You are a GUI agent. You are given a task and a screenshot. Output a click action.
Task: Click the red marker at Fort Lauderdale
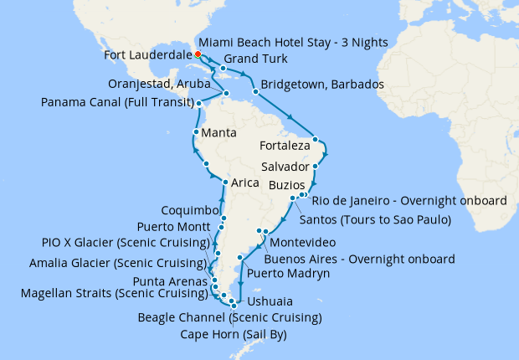pos(197,54)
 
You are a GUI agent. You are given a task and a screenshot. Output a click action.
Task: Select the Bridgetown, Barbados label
pos(322,85)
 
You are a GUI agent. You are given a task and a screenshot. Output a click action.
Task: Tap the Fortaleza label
pos(279,144)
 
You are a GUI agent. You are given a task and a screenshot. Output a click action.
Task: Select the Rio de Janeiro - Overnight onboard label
pos(409,201)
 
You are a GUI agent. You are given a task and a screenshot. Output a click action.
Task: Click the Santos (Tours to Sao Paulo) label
pos(374,220)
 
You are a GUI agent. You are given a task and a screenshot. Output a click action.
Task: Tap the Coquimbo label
pos(193,210)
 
